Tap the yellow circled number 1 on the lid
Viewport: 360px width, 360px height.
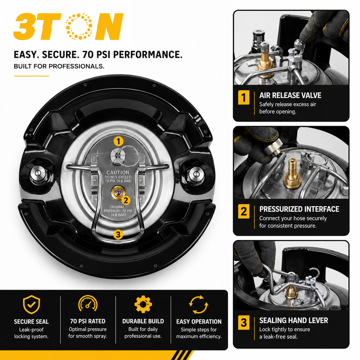coord(118,141)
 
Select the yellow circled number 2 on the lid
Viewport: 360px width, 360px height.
coord(126,200)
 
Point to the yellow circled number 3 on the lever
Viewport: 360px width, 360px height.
coord(118,234)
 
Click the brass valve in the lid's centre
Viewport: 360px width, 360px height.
coord(117,192)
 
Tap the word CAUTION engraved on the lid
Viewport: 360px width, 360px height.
coord(118,172)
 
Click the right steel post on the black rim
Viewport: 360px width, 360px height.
coord(196,174)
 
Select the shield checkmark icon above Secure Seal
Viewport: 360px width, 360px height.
coord(31,304)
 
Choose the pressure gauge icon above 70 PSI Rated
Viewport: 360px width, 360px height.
coord(88,304)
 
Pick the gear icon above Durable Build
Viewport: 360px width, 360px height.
coord(143,304)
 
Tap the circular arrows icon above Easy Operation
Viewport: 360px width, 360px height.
coord(199,304)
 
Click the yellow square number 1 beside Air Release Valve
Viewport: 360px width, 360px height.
coord(244,97)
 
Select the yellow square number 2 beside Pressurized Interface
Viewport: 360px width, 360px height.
coord(244,211)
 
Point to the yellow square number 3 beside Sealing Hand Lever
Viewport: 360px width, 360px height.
coord(244,322)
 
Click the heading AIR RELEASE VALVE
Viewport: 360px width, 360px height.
coord(290,95)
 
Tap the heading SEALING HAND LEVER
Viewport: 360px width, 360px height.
coord(293,320)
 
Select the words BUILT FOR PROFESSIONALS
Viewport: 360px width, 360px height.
coord(59,66)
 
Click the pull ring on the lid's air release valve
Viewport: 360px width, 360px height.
coord(128,156)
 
